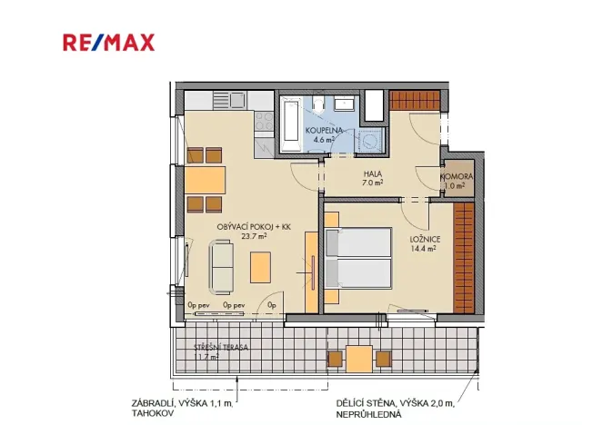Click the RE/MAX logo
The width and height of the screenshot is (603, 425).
108,42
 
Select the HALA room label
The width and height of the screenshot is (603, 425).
371,173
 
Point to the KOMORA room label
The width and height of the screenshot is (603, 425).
455,176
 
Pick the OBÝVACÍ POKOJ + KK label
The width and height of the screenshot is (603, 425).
254,226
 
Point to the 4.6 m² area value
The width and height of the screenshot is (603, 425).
324,141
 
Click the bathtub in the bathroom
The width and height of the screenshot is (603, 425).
291,125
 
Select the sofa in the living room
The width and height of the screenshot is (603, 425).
221,262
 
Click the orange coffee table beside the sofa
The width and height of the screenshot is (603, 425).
261,265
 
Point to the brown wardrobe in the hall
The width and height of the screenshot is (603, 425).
415,101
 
